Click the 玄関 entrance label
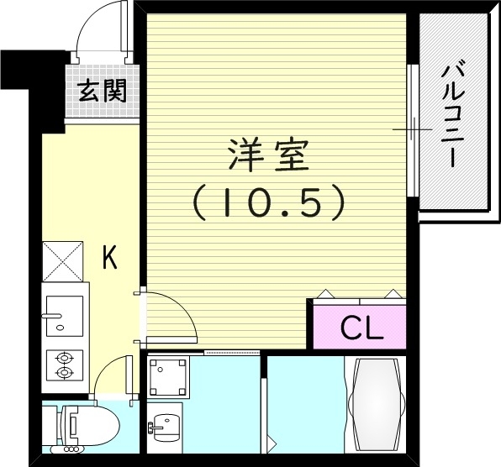pos(103,90)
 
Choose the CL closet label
pos(361,328)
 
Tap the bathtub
pos(375,406)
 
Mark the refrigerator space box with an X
pos(63,260)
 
